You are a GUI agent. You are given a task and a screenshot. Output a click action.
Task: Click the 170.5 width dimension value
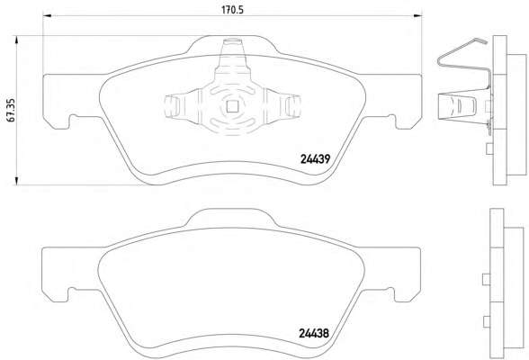point(232,10)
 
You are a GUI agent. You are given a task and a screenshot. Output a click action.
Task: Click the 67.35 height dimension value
point(11,110)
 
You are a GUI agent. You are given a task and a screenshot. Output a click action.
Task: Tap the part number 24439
point(315,159)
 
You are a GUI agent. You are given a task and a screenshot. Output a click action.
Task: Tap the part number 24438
point(314,333)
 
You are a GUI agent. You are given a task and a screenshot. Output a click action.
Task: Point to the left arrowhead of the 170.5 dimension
point(47,15)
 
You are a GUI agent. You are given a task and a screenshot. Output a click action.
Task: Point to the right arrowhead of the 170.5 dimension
point(418,15)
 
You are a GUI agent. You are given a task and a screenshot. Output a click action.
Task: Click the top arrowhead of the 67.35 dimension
point(16,40)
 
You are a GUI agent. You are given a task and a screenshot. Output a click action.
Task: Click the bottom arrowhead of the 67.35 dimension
point(16,181)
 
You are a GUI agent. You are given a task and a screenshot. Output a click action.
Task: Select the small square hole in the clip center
point(232,107)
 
